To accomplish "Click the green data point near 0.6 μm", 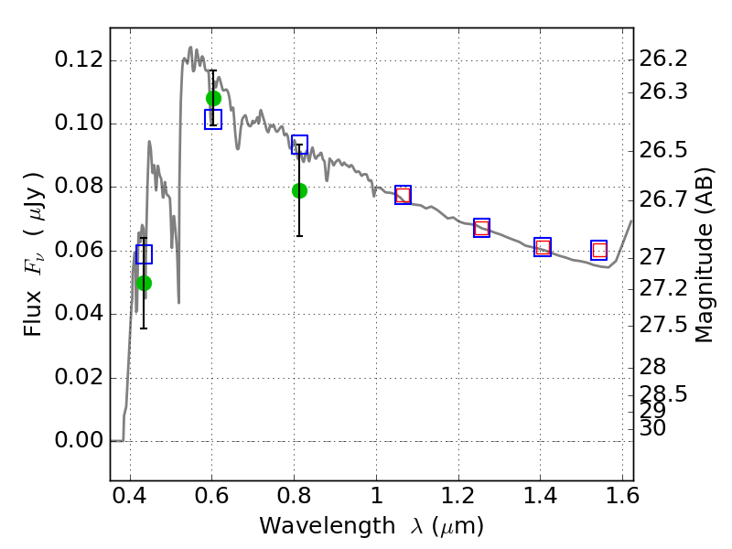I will tap(213, 98).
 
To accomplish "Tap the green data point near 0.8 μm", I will tap(299, 190).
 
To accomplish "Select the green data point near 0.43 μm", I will tap(144, 283).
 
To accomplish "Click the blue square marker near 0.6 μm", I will tap(213, 120).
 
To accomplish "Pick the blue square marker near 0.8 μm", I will tap(299, 145).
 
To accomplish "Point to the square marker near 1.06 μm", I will tap(403, 194).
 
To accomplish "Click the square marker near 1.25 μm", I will tap(481, 228).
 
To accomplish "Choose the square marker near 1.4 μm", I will tap(543, 247).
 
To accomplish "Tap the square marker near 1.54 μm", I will tap(599, 250).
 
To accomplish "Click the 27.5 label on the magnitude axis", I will tap(663, 326).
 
